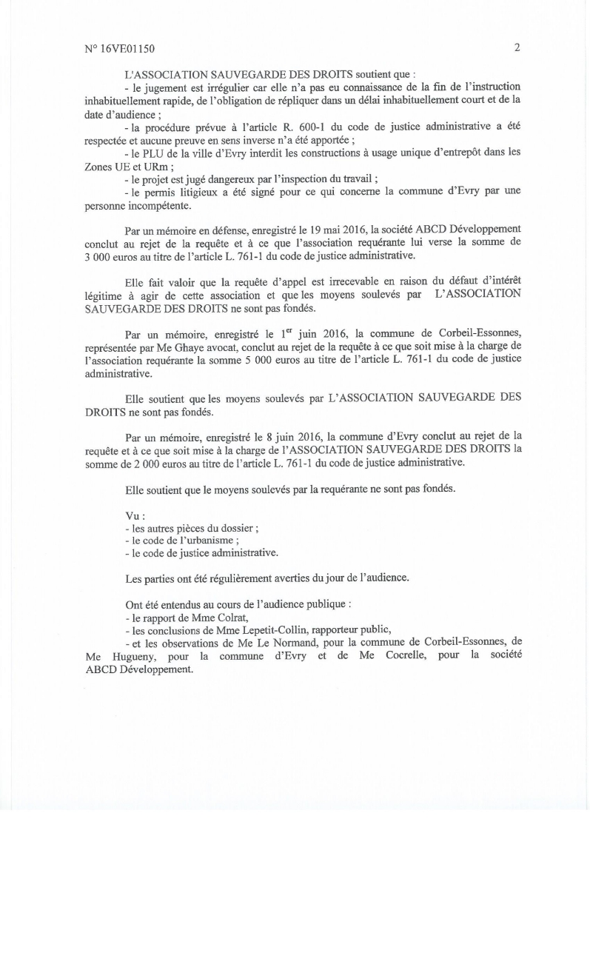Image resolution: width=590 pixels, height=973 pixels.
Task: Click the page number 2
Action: [517, 47]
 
